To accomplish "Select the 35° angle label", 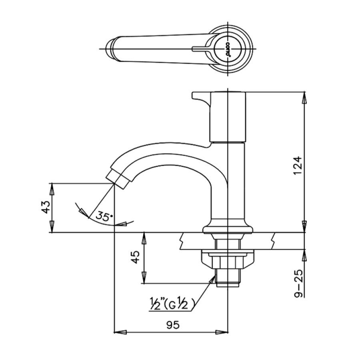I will click(103, 217).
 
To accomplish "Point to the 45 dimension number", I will click(136, 257).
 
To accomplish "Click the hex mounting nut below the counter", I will click(228, 260).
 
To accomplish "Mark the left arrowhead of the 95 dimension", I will click(119, 332).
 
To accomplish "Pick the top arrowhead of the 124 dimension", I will click(304, 96).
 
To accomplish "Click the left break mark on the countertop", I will click(182, 240).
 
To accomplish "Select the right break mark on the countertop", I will click(273, 240).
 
